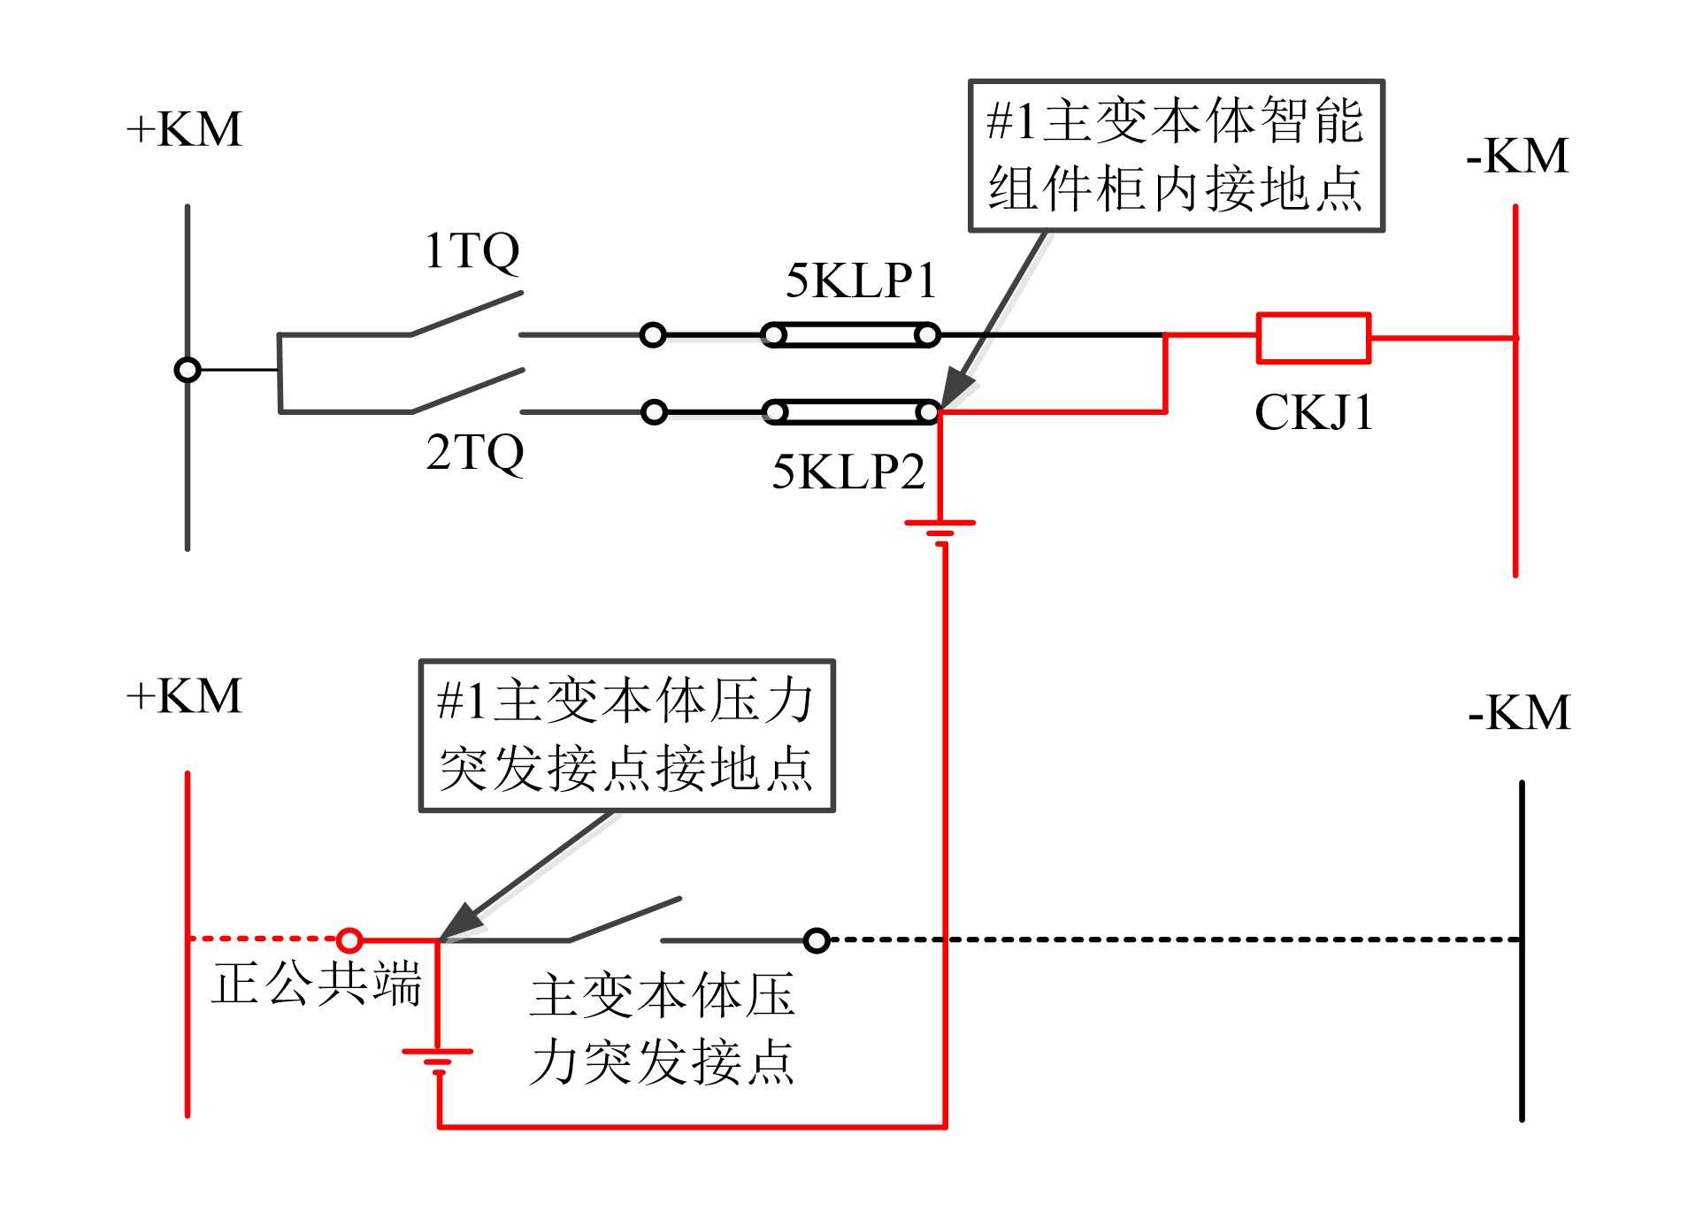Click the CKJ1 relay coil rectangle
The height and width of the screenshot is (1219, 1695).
pyautogui.click(x=1313, y=338)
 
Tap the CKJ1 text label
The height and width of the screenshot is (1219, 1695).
pyautogui.click(x=1313, y=412)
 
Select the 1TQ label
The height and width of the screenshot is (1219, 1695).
pyautogui.click(x=472, y=250)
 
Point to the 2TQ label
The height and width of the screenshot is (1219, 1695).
pyautogui.click(x=474, y=452)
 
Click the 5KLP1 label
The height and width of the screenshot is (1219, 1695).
pyautogui.click(x=861, y=280)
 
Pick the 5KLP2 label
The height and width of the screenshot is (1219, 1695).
pyautogui.click(x=847, y=471)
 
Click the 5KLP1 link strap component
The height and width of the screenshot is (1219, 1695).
pyautogui.click(x=850, y=335)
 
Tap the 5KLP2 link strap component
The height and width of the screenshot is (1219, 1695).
pyautogui.click(x=850, y=412)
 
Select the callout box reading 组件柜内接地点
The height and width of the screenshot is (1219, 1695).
pyautogui.click(x=1176, y=156)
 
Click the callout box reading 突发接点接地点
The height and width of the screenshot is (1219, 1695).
pyautogui.click(x=626, y=735)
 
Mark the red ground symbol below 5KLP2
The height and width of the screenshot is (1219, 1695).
pyautogui.click(x=940, y=528)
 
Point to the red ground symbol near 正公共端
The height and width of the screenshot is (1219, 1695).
pyautogui.click(x=438, y=1057)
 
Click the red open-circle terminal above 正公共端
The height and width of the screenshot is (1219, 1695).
pyautogui.click(x=349, y=939)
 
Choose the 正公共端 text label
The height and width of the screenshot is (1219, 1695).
pyautogui.click(x=316, y=983)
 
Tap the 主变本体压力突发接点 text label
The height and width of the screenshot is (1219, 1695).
pyautogui.click(x=662, y=1028)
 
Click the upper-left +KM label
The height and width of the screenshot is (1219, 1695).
pyautogui.click(x=184, y=129)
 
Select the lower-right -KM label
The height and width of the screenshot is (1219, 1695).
pyautogui.click(x=1518, y=712)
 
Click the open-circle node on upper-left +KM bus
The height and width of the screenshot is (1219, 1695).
pyautogui.click(x=188, y=370)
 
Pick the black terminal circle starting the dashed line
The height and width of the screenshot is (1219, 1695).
pyautogui.click(x=817, y=939)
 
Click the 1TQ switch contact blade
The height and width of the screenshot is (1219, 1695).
pyautogui.click(x=466, y=313)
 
